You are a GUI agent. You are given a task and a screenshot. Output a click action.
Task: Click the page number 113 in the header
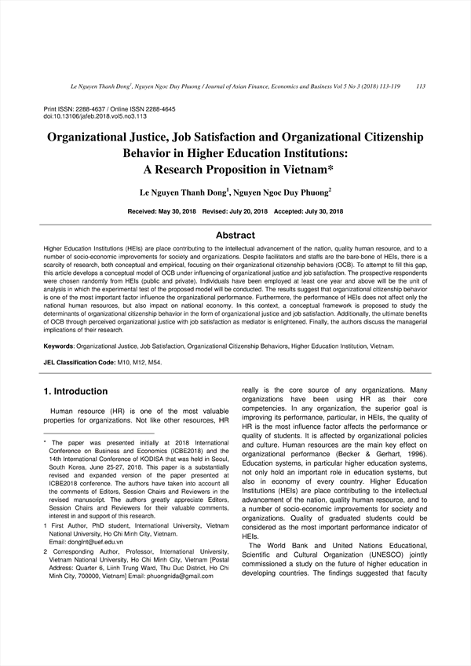[421, 86]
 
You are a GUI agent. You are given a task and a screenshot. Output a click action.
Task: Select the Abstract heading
[235, 235]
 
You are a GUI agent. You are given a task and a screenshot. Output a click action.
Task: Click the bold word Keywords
[59, 346]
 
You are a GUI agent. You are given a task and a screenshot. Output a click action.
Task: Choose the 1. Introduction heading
[75, 391]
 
